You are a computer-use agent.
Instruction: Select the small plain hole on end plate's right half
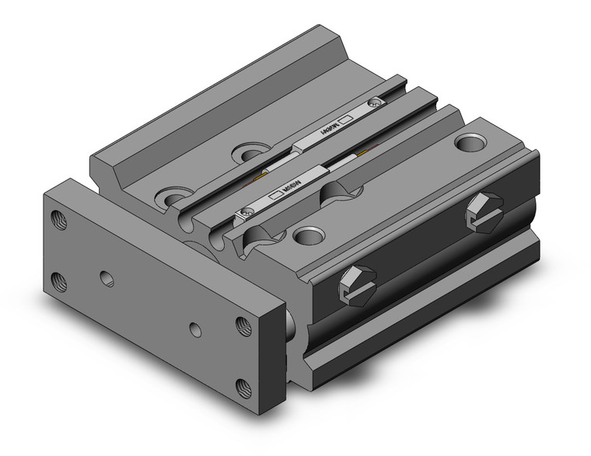point(195,330)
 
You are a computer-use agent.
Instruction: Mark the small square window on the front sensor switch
point(275,197)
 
